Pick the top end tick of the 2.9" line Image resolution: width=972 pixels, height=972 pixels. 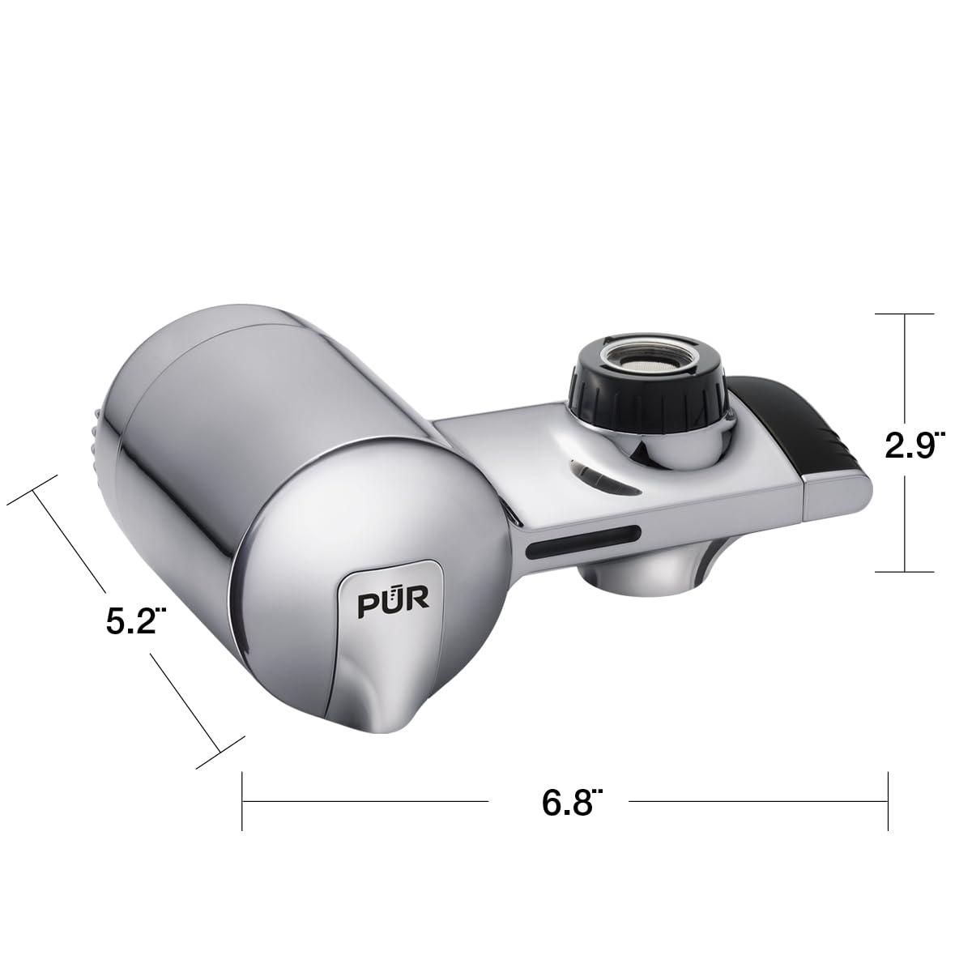click(906, 313)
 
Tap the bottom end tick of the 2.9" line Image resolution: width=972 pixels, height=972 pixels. click(906, 571)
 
